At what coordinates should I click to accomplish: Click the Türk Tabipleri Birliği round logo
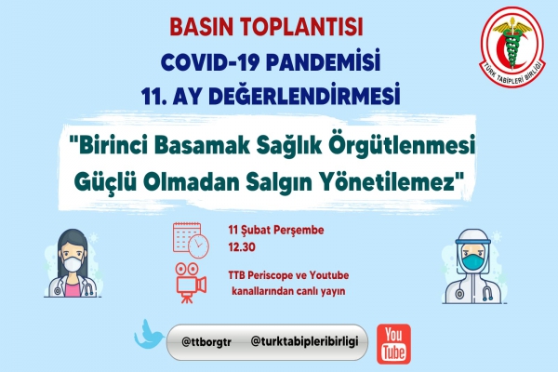click(512, 46)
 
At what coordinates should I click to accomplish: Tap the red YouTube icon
click(393, 344)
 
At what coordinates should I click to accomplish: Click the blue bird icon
click(149, 335)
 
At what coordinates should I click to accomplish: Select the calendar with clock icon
click(191, 240)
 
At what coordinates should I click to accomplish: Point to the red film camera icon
click(191, 283)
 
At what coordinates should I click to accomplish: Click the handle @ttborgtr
click(206, 342)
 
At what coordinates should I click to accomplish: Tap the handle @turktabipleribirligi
click(304, 341)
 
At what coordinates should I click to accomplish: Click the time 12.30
click(242, 247)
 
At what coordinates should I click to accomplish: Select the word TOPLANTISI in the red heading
click(301, 27)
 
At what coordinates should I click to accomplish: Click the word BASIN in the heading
click(202, 27)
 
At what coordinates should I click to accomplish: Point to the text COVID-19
click(210, 62)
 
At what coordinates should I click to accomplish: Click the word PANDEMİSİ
click(323, 61)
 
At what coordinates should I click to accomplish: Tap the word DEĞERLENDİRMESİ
click(286, 95)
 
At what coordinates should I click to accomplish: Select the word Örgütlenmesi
click(402, 146)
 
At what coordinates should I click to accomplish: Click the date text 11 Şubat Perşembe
click(276, 230)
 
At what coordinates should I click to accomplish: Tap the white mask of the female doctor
click(73, 264)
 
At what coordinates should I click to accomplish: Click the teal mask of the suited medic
click(474, 262)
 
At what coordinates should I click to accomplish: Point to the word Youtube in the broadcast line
click(329, 275)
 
